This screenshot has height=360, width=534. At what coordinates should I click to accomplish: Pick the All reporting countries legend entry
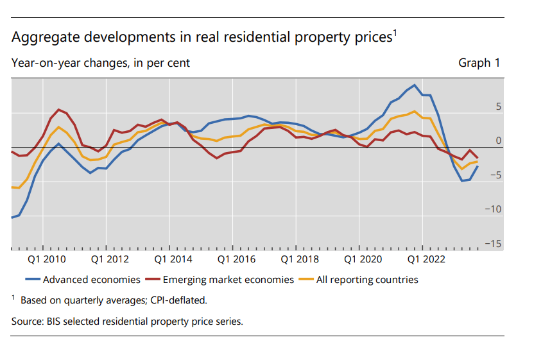366,280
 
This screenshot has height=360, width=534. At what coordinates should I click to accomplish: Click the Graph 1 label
479,63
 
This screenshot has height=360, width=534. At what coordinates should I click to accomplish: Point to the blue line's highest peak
415,85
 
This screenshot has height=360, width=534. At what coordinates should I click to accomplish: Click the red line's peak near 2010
58,109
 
